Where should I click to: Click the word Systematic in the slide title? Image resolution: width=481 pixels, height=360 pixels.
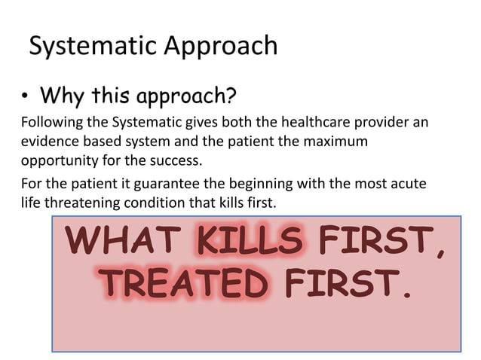point(91,47)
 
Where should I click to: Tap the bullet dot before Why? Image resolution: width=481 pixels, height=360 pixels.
point(26,97)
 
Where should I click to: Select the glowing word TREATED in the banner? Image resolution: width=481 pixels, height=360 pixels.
point(185,284)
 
